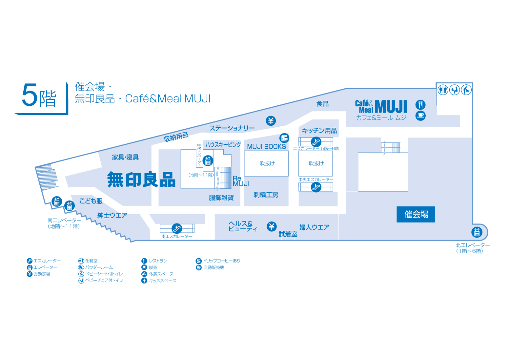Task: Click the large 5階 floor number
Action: coord(39,96)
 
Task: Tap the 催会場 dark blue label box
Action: coord(416,214)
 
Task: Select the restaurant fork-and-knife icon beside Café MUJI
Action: coord(420,105)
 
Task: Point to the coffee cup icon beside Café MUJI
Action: coord(420,116)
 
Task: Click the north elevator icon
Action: coord(477,232)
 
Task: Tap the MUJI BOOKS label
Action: coord(266,147)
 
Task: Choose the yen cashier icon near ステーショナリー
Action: coord(271,121)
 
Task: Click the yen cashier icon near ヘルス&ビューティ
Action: coord(272,226)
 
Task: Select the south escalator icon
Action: coord(177,228)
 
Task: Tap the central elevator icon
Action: coord(208,161)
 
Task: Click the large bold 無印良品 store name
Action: coord(141,180)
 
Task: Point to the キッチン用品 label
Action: coord(319,131)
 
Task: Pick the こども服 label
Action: coord(91,201)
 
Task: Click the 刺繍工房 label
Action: coord(266,195)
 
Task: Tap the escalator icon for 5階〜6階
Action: coord(316,142)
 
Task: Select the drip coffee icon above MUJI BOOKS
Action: coord(284,138)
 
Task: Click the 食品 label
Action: coord(322,104)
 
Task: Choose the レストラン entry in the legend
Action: coord(154,261)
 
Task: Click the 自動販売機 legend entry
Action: coord(210,267)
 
